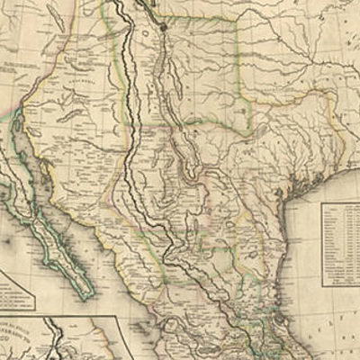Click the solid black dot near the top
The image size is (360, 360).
[x=163, y=27]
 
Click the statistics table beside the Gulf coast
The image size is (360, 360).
[x=339, y=242]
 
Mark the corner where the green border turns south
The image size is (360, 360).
[x=238, y=18]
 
